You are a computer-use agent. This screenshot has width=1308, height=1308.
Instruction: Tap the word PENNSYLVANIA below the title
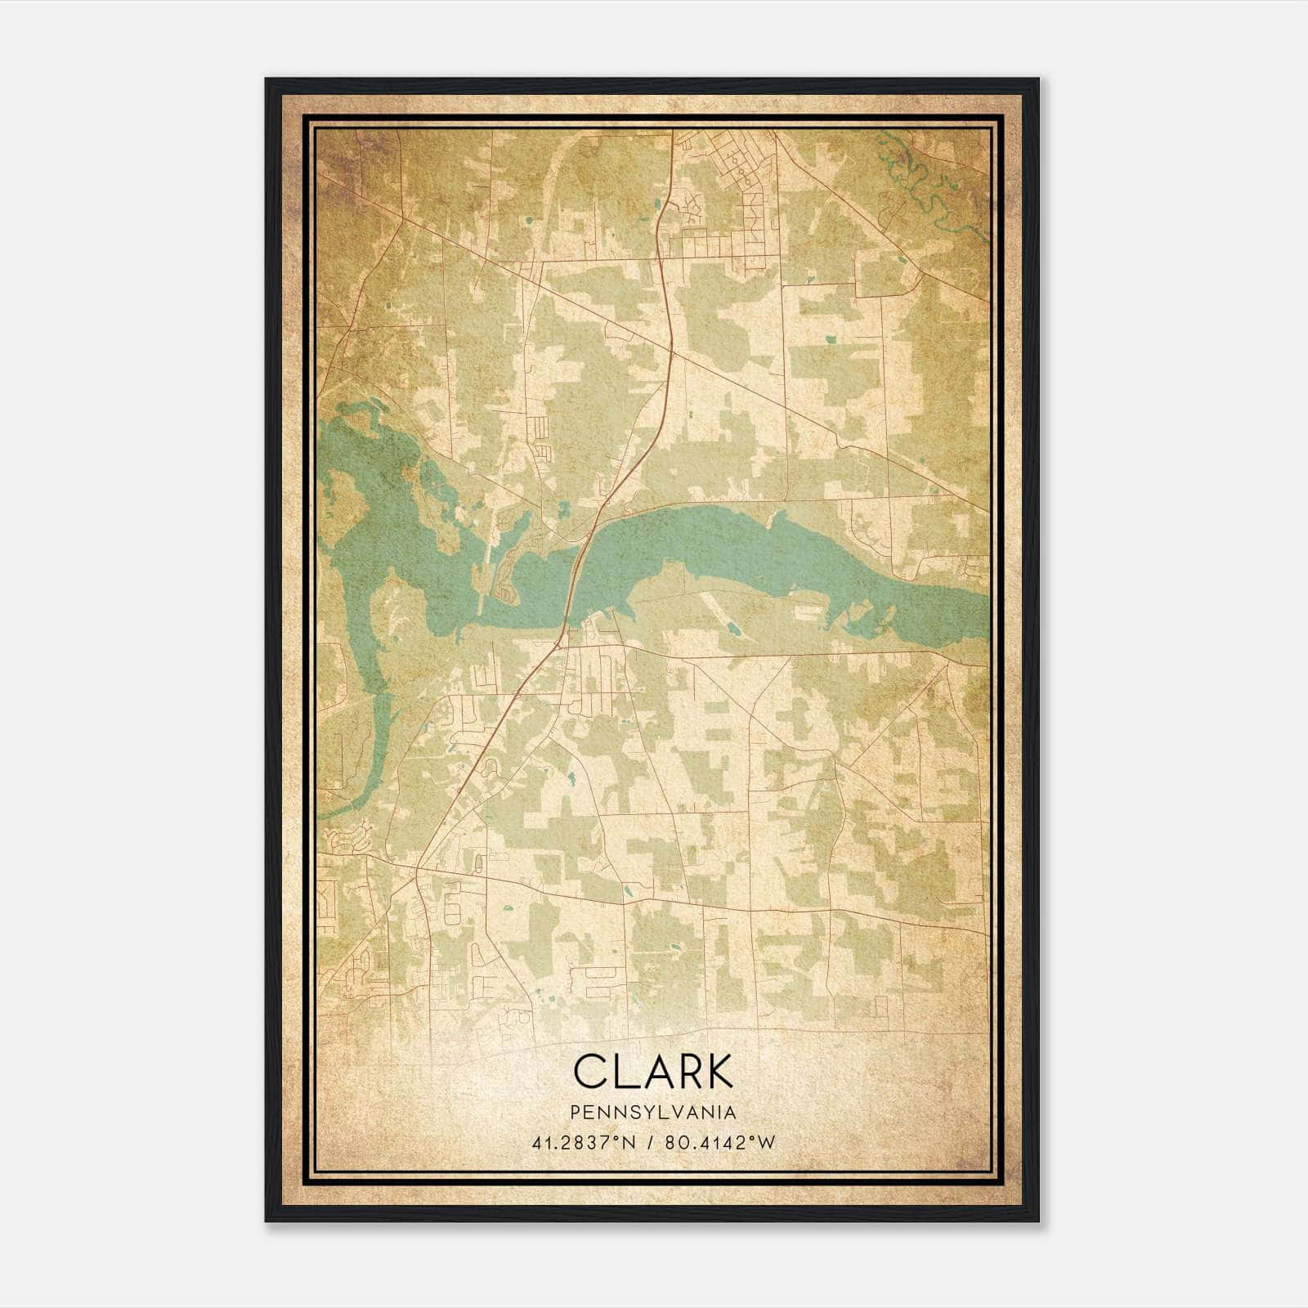pyautogui.click(x=653, y=1113)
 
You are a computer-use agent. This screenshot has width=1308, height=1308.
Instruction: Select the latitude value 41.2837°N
pyautogui.click(x=583, y=1143)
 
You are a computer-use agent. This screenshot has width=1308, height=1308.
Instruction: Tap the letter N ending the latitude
pyautogui.click(x=629, y=1143)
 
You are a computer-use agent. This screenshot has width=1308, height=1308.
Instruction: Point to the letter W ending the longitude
pyautogui.click(x=767, y=1143)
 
